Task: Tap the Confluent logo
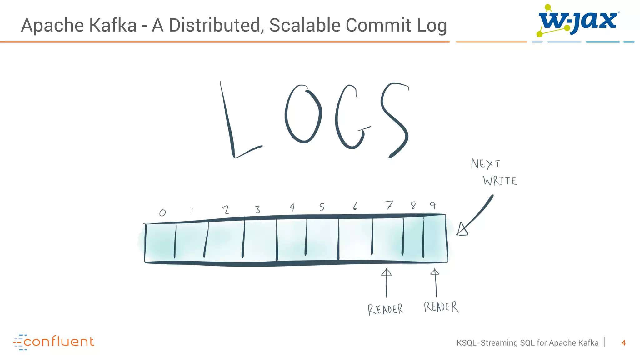coord(54,342)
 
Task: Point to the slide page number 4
coord(623,343)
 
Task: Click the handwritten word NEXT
coord(485,164)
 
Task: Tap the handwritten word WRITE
coord(500,181)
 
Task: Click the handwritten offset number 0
coord(162,213)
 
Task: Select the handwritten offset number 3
coord(257,209)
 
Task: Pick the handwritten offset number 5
coord(322,207)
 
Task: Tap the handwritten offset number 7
coord(388,205)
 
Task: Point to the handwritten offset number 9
coord(433,205)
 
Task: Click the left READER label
coord(385,309)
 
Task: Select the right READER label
coord(441,307)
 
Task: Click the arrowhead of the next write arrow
coord(462,230)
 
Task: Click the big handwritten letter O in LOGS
coord(303,114)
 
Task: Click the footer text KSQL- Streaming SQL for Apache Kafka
coord(527,343)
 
